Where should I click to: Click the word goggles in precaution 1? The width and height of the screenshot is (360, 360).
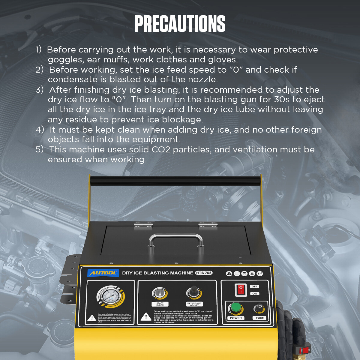pos(65,60)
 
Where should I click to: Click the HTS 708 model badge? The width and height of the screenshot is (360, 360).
pos(204,273)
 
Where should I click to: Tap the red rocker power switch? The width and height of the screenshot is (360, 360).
pos(241,290)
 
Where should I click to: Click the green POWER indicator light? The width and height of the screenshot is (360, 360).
pos(235,308)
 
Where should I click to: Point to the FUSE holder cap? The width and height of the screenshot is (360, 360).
pos(259,308)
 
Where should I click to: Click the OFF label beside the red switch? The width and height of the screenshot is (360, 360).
pos(255,286)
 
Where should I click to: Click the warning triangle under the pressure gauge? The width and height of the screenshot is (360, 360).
pos(91,318)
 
